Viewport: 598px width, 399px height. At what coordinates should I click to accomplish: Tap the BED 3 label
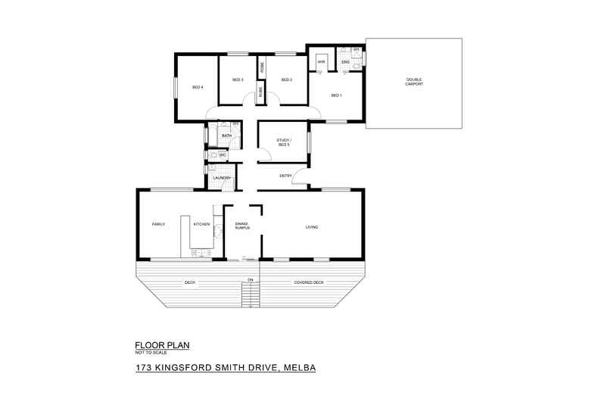237,79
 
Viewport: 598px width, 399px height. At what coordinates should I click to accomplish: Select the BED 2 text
286,79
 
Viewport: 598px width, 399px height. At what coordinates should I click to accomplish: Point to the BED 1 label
335,95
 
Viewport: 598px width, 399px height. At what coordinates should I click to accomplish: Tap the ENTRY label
285,176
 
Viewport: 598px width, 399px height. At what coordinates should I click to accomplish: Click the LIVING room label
311,226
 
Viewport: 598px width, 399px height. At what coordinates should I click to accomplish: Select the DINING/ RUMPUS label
242,226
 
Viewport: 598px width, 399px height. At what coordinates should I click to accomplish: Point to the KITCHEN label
201,224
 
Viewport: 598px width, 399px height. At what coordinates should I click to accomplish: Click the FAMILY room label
158,224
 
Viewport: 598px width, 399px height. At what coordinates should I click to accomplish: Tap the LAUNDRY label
221,178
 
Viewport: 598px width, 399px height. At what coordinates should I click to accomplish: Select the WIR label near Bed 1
321,61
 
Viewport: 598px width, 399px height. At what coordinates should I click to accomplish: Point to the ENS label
345,61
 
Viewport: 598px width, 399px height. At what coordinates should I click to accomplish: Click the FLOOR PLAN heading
161,345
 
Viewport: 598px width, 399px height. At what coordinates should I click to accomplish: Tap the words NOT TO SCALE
151,353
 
